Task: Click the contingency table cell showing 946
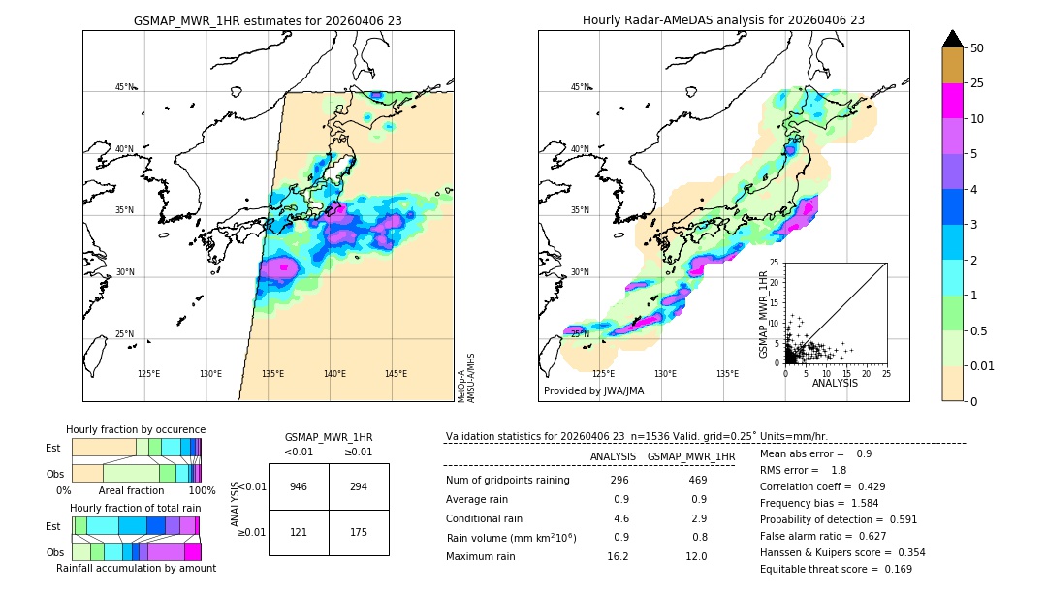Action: (x=299, y=486)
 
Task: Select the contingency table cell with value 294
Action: (x=359, y=486)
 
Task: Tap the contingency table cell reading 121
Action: (x=299, y=533)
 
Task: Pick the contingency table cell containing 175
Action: (x=359, y=533)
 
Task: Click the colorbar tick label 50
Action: (x=977, y=48)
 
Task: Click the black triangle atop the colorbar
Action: (x=953, y=39)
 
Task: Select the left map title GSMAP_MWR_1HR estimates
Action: (x=268, y=20)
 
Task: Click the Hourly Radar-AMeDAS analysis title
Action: (x=723, y=20)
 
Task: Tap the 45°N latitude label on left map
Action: (x=124, y=87)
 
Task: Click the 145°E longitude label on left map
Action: (x=396, y=374)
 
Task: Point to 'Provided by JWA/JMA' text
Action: (x=593, y=390)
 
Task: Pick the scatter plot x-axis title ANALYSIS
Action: (x=835, y=383)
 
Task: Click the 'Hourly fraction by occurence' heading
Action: (x=136, y=429)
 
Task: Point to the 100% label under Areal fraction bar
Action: (x=202, y=490)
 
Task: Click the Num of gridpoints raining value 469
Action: (x=697, y=480)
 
